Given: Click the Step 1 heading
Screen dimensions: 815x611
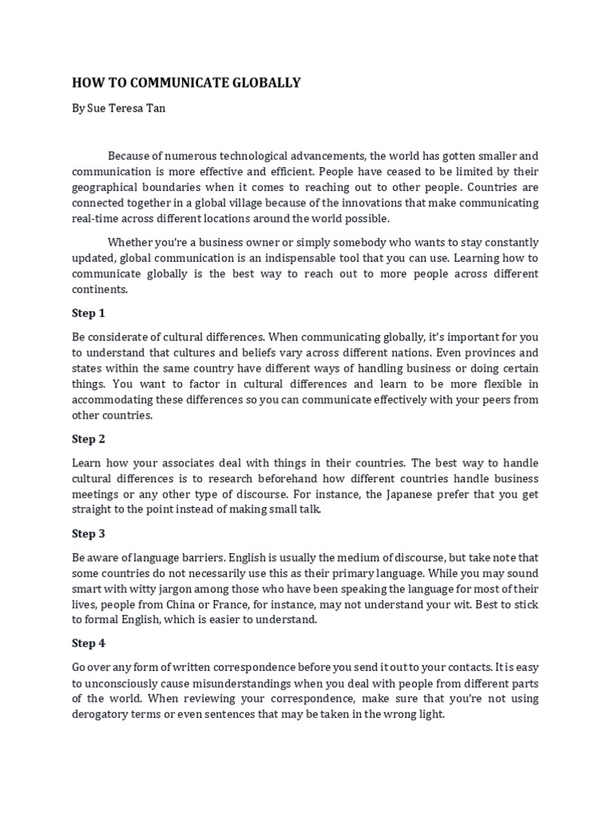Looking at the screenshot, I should pyautogui.click(x=88, y=313).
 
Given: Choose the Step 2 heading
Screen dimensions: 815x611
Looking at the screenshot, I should pyautogui.click(x=88, y=439).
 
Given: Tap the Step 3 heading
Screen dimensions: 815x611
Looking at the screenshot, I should pyautogui.click(x=88, y=533).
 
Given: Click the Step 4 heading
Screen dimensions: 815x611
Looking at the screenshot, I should pyautogui.click(x=88, y=643).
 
